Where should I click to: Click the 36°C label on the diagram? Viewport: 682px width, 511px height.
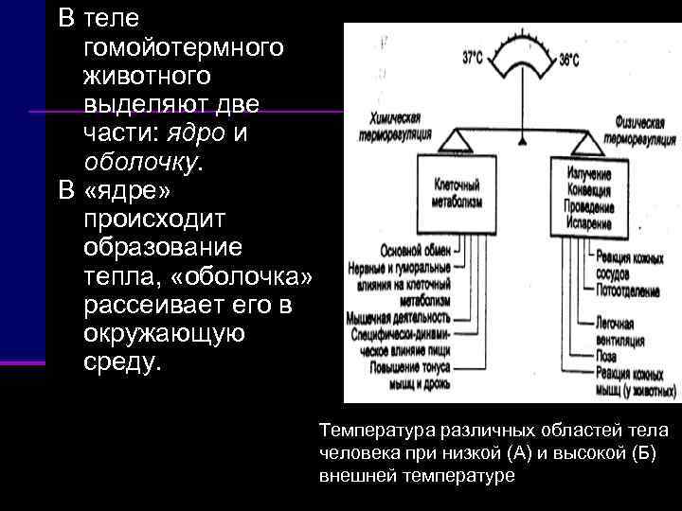point(570,59)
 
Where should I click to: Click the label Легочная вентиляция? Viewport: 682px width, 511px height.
point(620,331)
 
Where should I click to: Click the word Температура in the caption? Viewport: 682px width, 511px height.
point(367,430)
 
